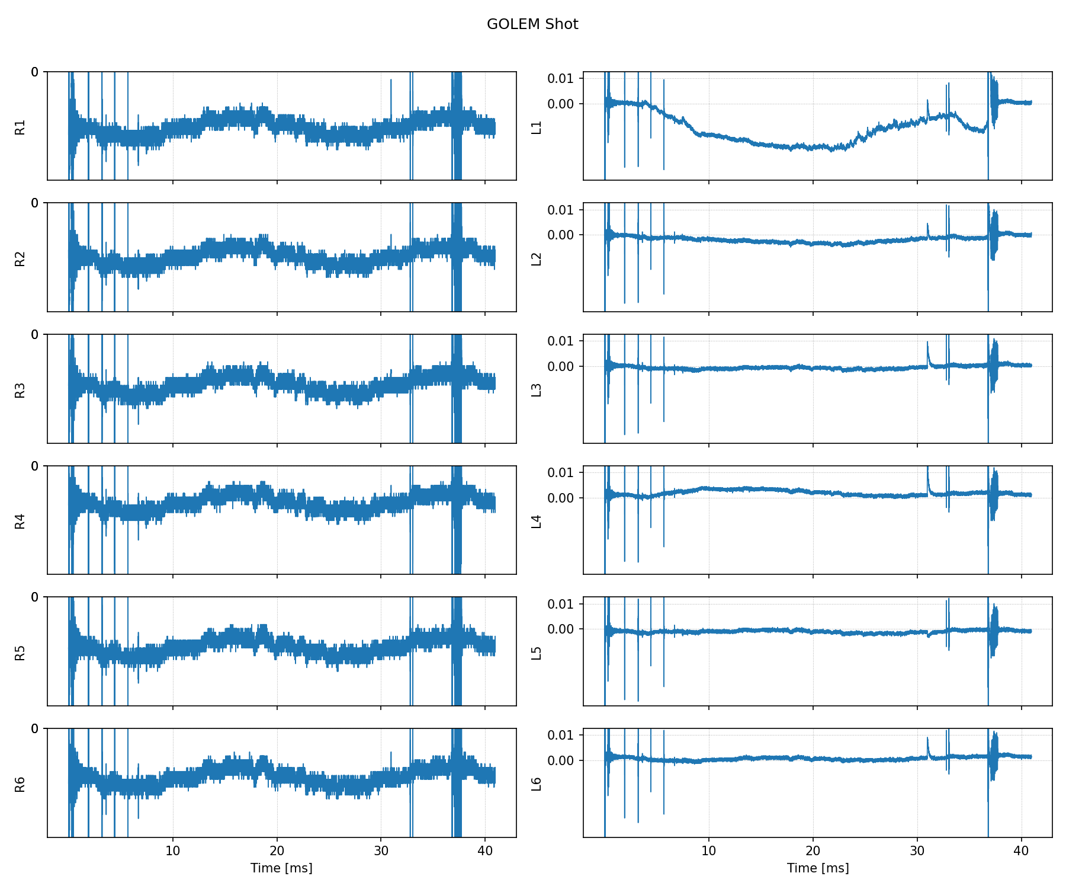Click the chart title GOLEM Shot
tap(532, 24)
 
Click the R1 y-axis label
tap(20, 127)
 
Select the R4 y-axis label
tap(20, 521)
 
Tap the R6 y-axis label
tap(20, 784)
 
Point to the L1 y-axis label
tap(537, 127)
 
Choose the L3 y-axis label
tap(537, 389)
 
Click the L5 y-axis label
tap(537, 653)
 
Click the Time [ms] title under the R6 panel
tap(281, 868)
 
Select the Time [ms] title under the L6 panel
tap(817, 868)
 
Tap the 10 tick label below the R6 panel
tap(173, 851)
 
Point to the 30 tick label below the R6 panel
tap(381, 851)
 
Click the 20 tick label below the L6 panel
tap(813, 851)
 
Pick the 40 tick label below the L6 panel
tap(1021, 851)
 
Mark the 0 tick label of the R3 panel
tap(35, 335)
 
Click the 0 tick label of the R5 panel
tap(35, 597)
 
